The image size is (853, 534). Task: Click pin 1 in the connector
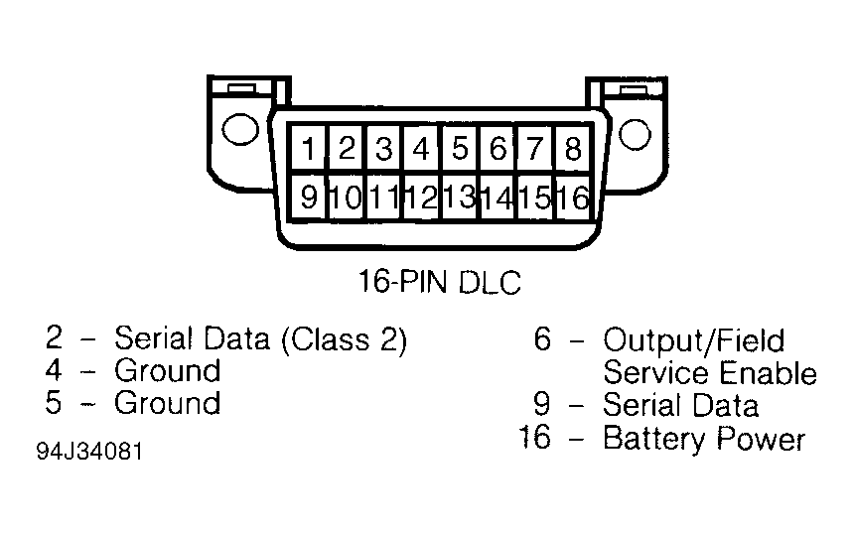[309, 150]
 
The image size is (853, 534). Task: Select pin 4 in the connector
[421, 150]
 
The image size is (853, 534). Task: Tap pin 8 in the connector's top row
[572, 150]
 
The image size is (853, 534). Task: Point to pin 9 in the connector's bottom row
[309, 197]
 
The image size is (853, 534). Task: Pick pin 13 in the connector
[459, 197]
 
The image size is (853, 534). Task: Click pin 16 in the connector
[573, 197]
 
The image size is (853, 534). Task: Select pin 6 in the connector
[498, 150]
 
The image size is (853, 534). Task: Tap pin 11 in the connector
[383, 197]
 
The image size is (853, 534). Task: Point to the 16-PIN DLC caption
[439, 282]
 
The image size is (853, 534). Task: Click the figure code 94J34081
[89, 452]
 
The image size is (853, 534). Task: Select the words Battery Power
[703, 438]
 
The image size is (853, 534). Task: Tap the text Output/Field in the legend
[693, 340]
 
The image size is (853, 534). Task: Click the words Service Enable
[709, 373]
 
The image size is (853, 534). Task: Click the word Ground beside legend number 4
[167, 371]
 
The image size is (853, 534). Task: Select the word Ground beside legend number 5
[167, 404]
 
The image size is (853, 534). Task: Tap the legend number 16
[534, 438]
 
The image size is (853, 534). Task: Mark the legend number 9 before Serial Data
[542, 405]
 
